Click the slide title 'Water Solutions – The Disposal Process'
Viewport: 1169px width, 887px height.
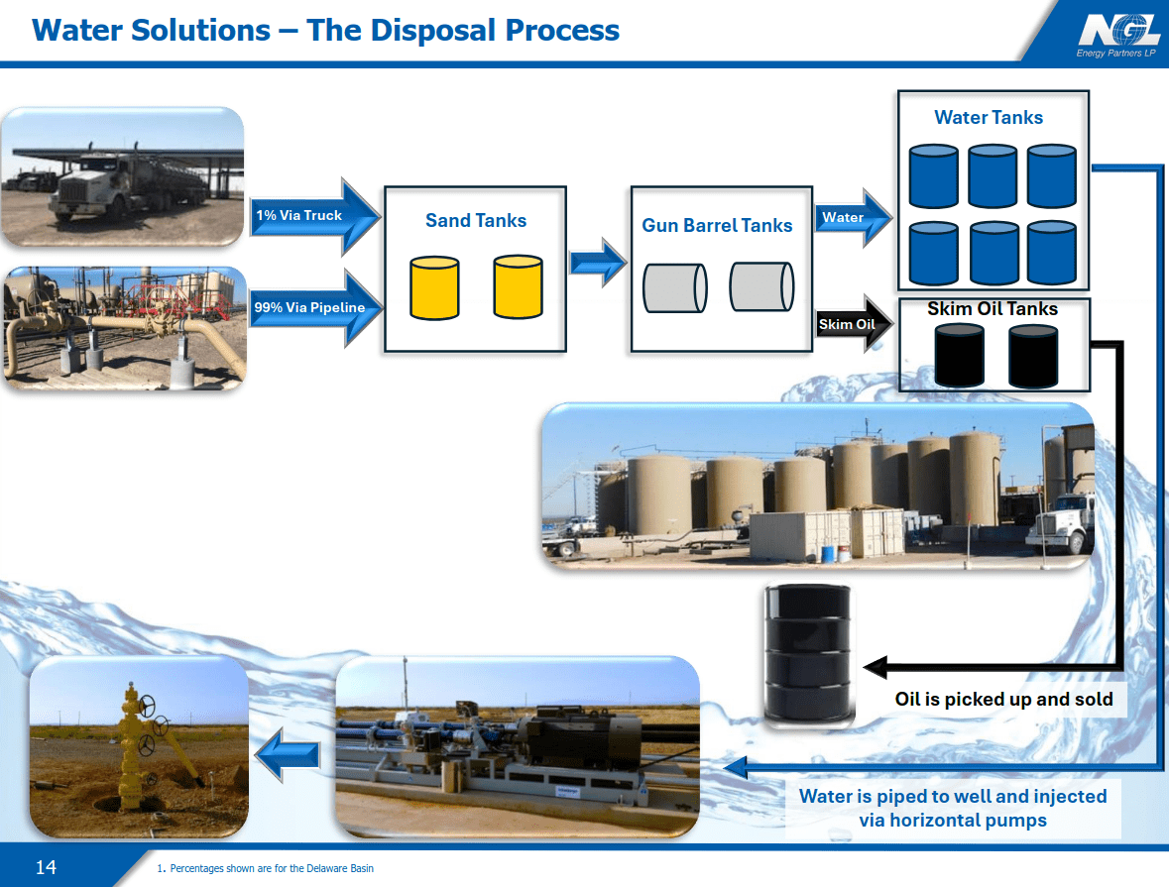point(326,30)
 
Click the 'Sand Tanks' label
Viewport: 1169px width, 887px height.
point(476,220)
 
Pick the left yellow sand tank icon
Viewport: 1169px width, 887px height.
point(434,287)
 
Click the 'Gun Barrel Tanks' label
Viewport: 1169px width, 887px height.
point(717,225)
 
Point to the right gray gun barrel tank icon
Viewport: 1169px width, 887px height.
point(761,287)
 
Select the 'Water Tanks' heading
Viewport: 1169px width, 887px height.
point(989,117)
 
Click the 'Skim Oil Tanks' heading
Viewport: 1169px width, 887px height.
point(993,309)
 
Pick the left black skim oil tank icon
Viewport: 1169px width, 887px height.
point(960,355)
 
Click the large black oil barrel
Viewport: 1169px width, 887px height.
point(808,651)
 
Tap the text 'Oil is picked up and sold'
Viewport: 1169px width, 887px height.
point(1003,699)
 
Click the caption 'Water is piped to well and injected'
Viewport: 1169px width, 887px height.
point(953,797)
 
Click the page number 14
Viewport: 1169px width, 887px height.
point(46,868)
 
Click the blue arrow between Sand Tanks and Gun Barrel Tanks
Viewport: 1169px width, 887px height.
point(598,263)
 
